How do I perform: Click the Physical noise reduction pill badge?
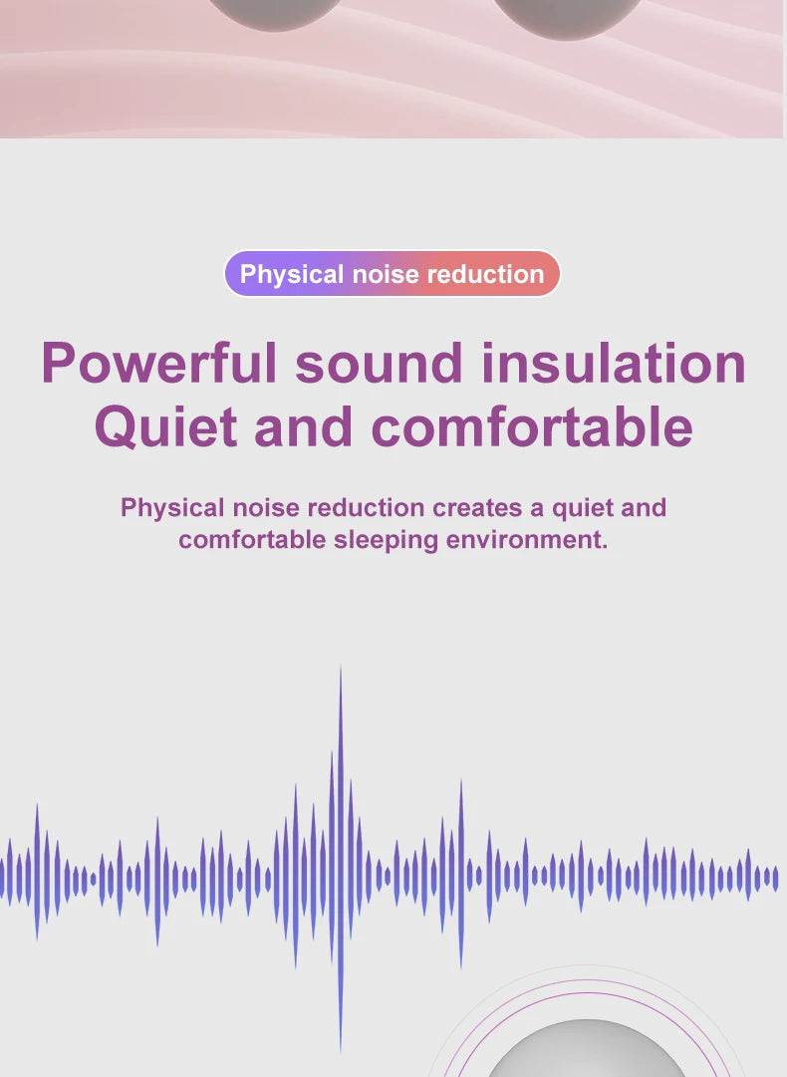coord(393,274)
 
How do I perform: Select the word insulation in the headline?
coord(614,363)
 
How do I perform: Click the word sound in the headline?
coord(379,363)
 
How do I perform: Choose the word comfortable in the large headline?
coord(532,426)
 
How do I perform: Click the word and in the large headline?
coord(303,426)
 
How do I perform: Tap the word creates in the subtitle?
coord(476,508)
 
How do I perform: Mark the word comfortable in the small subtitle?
coord(252,541)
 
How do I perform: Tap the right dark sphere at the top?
coord(569,15)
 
